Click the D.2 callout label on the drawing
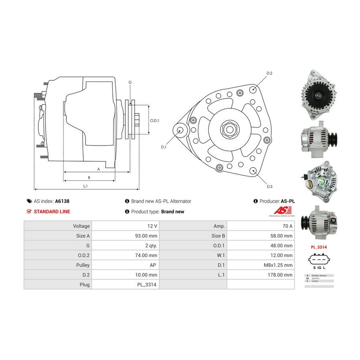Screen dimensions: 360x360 pyautogui.click(x=269, y=74)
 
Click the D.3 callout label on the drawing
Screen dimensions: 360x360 pyautogui.click(x=269, y=186)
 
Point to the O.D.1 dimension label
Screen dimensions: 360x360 pyautogui.click(x=154, y=120)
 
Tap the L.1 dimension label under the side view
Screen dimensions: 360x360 pyautogui.click(x=85, y=186)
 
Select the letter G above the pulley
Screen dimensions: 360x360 pyautogui.click(x=130, y=82)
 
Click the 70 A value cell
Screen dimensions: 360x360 pyautogui.click(x=287, y=226)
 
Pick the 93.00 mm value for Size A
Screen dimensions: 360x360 pyautogui.click(x=146, y=236)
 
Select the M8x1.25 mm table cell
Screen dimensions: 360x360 pyautogui.click(x=280, y=265)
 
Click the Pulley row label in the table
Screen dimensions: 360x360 pyautogui.click(x=83, y=265)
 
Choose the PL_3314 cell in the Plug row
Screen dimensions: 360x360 pyautogui.click(x=147, y=285)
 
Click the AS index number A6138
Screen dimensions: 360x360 pyautogui.click(x=62, y=202)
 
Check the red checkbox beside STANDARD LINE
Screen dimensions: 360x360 pyautogui.click(x=29, y=212)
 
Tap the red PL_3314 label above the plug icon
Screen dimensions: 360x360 pyautogui.click(x=319, y=247)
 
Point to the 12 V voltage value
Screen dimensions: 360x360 pyautogui.click(x=152, y=226)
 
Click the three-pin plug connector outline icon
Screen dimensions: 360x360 pyautogui.click(x=319, y=260)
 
